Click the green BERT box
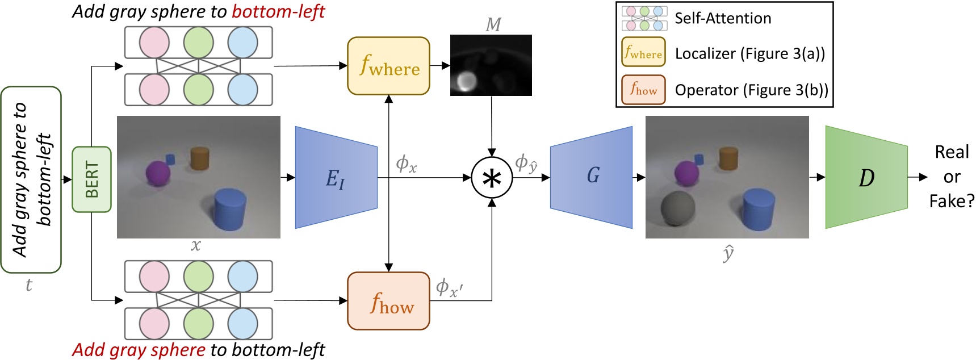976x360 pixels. pyautogui.click(x=91, y=179)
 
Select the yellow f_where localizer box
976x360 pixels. pyautogui.click(x=388, y=66)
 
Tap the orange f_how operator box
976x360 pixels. pyautogui.click(x=388, y=301)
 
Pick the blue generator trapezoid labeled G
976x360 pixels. pyautogui.click(x=591, y=177)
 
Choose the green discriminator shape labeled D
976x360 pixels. pyautogui.click(x=866, y=177)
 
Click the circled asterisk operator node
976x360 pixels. pyautogui.click(x=492, y=178)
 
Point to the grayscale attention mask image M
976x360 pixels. pyautogui.click(x=491, y=65)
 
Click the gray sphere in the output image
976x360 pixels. pyautogui.click(x=678, y=208)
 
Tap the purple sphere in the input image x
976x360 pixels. pyautogui.click(x=158, y=173)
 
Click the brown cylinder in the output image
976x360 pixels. pyautogui.click(x=728, y=158)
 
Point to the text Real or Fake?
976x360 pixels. pyautogui.click(x=952, y=177)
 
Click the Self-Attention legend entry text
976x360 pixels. pyautogui.click(x=722, y=18)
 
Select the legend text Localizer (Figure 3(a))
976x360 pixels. pyautogui.click(x=749, y=53)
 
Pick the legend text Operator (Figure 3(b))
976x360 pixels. pyautogui.click(x=751, y=90)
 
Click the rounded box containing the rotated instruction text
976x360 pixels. pyautogui.click(x=31, y=179)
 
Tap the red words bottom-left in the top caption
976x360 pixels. pyautogui.click(x=278, y=11)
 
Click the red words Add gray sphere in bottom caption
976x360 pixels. pyautogui.click(x=139, y=349)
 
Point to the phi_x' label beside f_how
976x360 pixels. pyautogui.click(x=449, y=287)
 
